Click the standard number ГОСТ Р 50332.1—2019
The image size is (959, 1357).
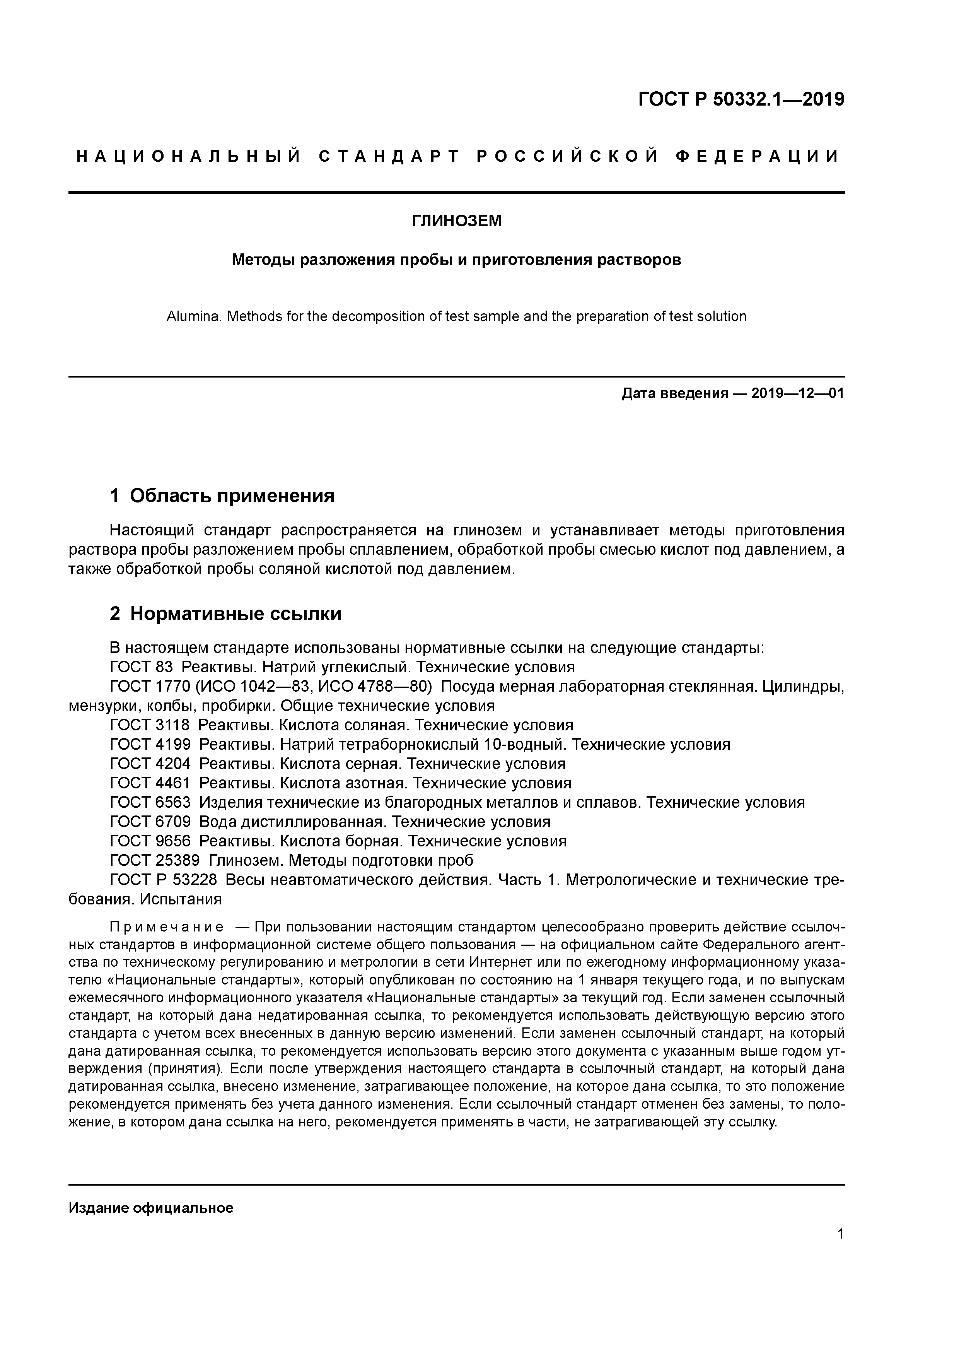click(x=742, y=99)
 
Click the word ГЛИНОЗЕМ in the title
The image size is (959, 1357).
click(x=456, y=221)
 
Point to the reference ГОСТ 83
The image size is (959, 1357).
click(x=141, y=667)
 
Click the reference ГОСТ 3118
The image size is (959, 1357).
click(x=150, y=725)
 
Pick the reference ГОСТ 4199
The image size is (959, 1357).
click(x=150, y=745)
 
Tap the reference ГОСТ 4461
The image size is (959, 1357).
click(x=150, y=783)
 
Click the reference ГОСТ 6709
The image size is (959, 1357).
click(x=150, y=822)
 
